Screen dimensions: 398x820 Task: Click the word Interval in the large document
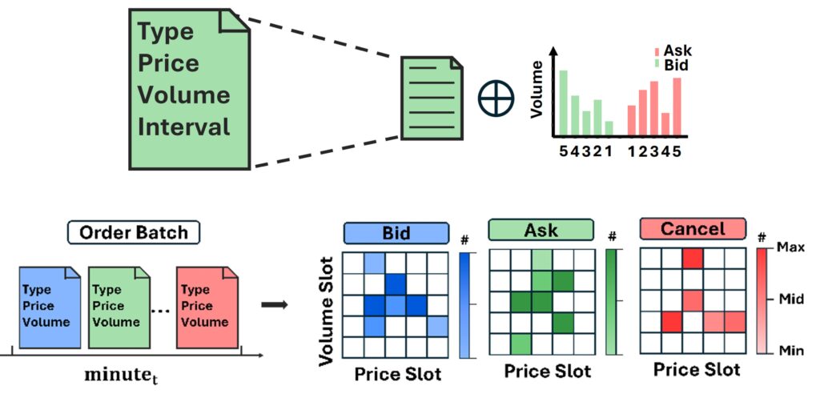pyautogui.click(x=184, y=127)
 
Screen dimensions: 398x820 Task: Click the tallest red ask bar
pyautogui.click(x=677, y=107)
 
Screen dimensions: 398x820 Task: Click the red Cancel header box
pyautogui.click(x=692, y=230)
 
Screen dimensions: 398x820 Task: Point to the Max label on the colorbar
pyautogui.click(x=789, y=249)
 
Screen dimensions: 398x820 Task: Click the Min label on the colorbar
pyautogui.click(x=789, y=351)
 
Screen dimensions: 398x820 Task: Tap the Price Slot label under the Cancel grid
pyautogui.click(x=697, y=369)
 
